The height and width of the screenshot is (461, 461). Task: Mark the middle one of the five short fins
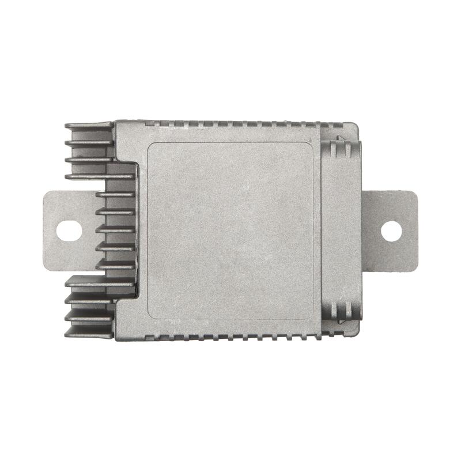pos(115,229)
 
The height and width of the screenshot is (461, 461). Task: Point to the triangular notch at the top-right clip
pos(339,140)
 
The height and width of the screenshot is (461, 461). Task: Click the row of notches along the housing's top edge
pos(231,123)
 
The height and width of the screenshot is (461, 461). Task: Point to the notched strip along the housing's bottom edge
pos(231,337)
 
